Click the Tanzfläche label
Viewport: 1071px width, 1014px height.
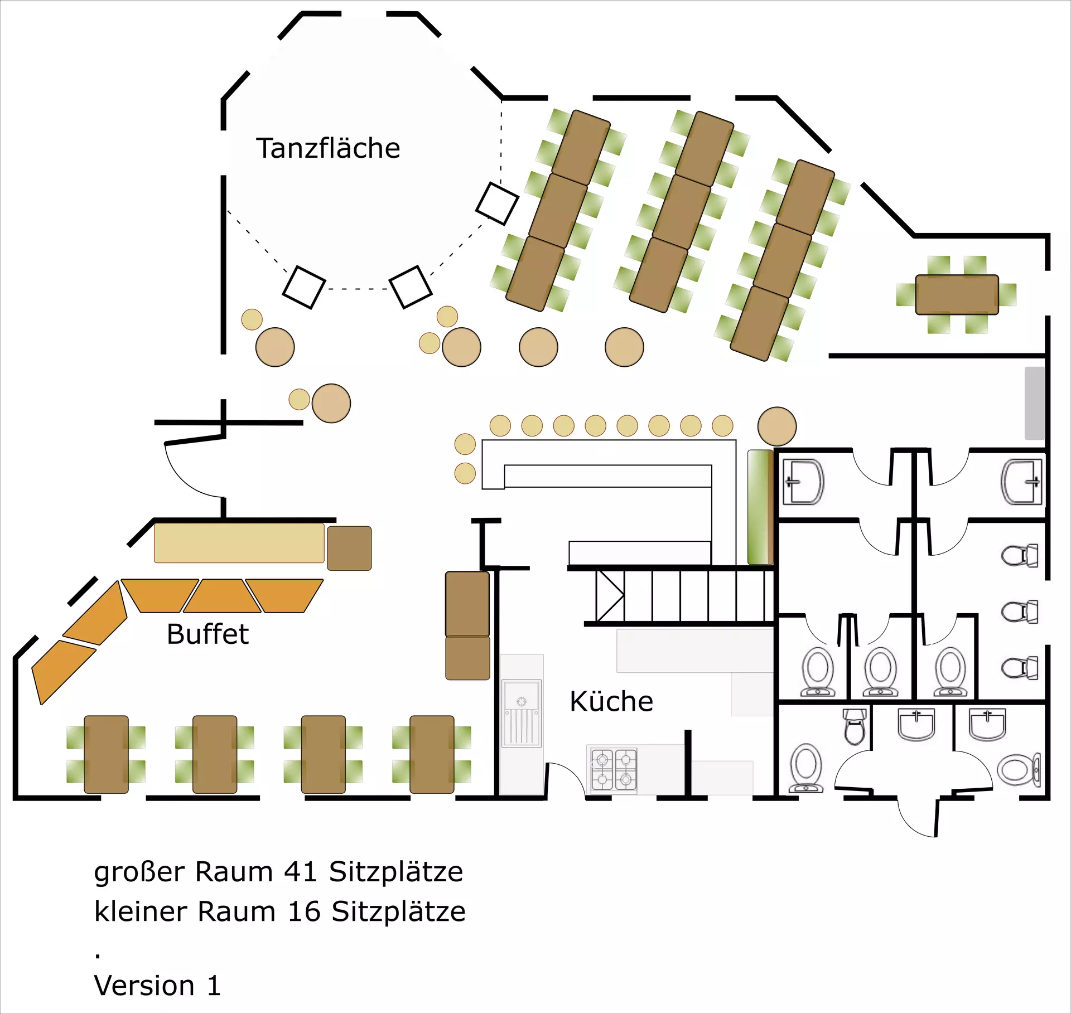click(x=328, y=148)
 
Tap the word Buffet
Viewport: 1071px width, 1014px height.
click(x=208, y=634)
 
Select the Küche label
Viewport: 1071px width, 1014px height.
click(x=611, y=701)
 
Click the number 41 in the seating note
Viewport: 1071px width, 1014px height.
click(x=301, y=871)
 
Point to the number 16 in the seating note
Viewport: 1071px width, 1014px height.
click(x=304, y=911)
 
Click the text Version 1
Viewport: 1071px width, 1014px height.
click(x=157, y=985)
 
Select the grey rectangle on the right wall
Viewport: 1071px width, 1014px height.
click(x=1035, y=402)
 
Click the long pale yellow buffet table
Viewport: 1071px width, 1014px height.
click(x=239, y=542)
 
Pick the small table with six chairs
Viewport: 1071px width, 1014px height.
click(x=957, y=294)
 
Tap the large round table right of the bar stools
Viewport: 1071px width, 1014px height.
click(x=776, y=426)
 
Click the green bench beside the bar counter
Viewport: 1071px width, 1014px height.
click(x=760, y=507)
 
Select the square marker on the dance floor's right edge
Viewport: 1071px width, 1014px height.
click(x=497, y=203)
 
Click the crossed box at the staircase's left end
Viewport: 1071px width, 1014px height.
click(x=610, y=595)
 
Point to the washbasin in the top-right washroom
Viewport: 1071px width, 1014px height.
click(x=1021, y=482)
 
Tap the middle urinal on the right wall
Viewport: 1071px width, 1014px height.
click(x=1020, y=612)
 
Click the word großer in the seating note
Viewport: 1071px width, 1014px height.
click(x=139, y=871)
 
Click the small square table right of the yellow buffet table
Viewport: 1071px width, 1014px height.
click(x=349, y=548)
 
